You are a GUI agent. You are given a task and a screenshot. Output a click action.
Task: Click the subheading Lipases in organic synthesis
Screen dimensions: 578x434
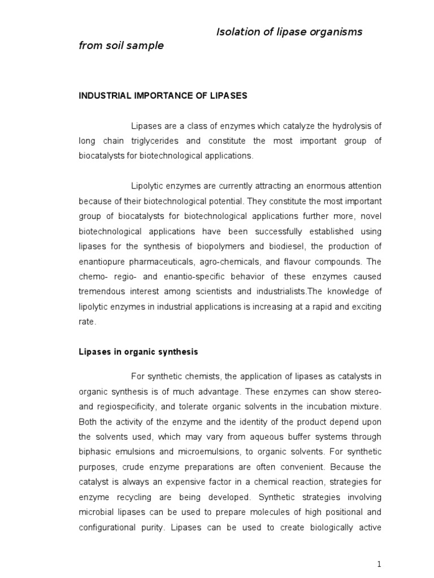138,352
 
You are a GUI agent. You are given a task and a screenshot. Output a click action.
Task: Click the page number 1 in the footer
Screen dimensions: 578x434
380,564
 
